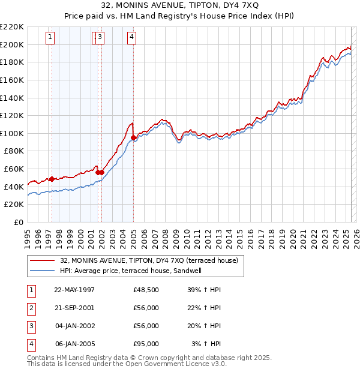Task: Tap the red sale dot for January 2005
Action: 133,137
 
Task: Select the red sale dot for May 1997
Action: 52,179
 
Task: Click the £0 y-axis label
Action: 19,222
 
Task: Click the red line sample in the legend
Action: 43,260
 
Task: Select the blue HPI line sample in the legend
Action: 43,271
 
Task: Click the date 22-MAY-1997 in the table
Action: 74,290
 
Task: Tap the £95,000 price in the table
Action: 146,344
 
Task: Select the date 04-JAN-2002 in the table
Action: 74,326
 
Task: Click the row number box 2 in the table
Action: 31,308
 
